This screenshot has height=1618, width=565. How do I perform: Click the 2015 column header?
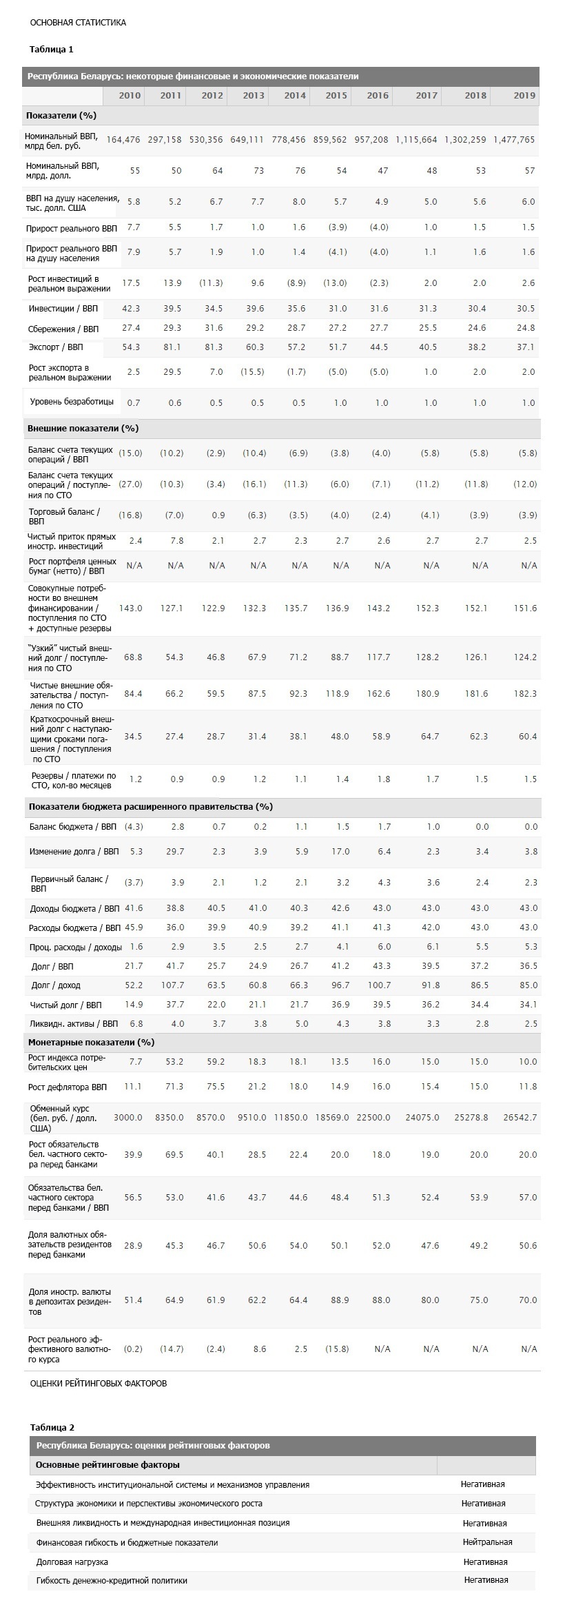pos(336,96)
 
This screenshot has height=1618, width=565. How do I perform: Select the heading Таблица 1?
pos(52,50)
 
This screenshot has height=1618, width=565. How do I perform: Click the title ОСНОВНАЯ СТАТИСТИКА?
pos(78,23)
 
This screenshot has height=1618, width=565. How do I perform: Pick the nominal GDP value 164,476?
pos(123,140)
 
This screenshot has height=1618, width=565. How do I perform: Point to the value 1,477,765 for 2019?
pos(514,140)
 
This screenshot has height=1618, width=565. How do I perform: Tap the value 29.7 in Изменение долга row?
pos(175,852)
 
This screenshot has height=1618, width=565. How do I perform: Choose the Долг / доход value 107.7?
pos(172,985)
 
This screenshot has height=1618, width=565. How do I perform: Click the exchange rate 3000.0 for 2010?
pos(127,1118)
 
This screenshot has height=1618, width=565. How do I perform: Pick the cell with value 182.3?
pos(525,694)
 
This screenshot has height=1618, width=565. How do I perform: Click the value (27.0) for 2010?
pos(130,484)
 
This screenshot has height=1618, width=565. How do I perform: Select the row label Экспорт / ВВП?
pos(56,347)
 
